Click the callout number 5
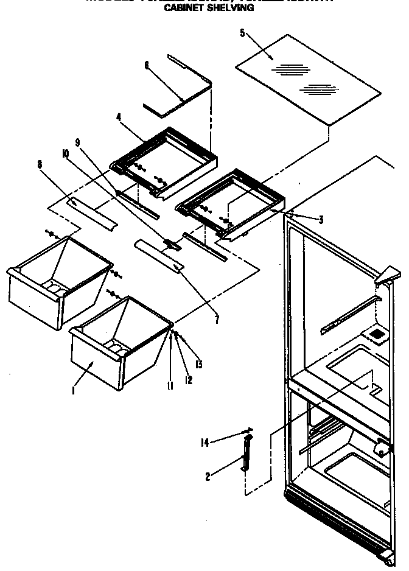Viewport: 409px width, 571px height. click(242, 33)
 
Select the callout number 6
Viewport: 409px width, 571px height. click(147, 65)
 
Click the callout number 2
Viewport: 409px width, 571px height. click(208, 477)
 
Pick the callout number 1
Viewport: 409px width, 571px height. click(74, 391)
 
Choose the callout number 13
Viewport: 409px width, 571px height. click(198, 365)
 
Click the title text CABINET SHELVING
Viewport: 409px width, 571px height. click(209, 9)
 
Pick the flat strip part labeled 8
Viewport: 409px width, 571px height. click(92, 210)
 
